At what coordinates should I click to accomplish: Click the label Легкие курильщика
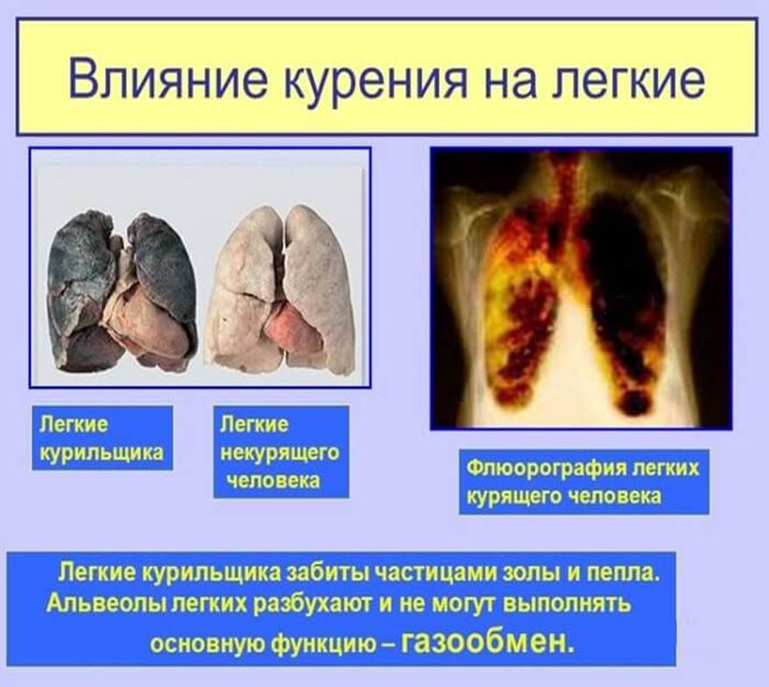coord(102,438)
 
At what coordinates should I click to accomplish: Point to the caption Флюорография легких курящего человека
coord(584,481)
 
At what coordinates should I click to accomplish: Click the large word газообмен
coord(487,641)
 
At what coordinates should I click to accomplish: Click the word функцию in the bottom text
coord(325,643)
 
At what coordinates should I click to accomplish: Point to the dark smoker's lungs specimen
coord(122,291)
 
